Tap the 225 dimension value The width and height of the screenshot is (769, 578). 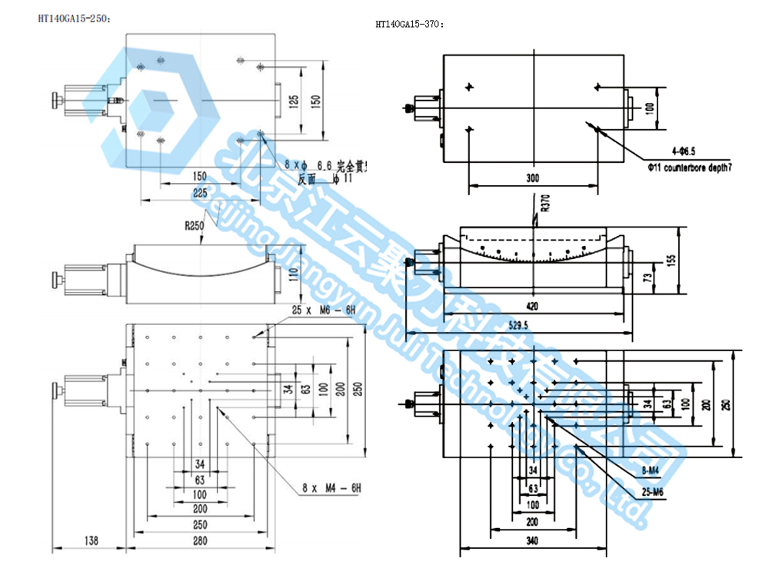[x=200, y=194]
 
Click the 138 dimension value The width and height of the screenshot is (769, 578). [x=90, y=541]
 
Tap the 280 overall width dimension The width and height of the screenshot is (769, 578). [x=201, y=541]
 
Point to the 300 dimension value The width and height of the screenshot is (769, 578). [x=532, y=178]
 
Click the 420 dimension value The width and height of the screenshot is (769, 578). [x=531, y=306]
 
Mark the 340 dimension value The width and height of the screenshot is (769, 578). [x=532, y=541]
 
